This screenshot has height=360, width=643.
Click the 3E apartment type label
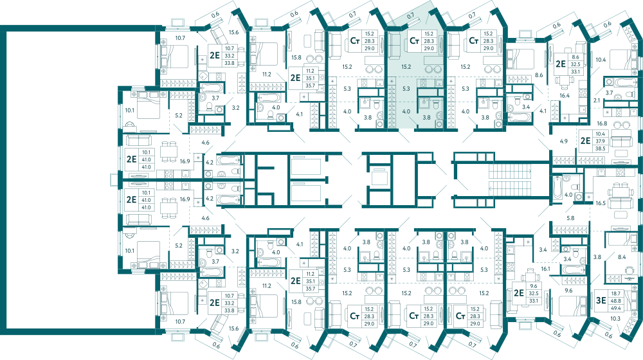click(x=601, y=301)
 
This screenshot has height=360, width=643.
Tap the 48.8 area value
click(x=615, y=301)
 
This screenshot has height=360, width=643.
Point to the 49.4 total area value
click(x=615, y=308)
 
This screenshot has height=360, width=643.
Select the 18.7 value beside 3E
click(x=615, y=294)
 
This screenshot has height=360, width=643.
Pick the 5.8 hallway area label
click(x=570, y=218)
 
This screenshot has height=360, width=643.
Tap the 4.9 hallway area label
click(x=564, y=141)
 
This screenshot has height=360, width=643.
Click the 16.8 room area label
click(x=602, y=123)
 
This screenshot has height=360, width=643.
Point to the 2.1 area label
click(x=597, y=100)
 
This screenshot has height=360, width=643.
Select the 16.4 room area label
click(x=565, y=96)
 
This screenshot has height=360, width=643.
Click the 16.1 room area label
click(x=545, y=269)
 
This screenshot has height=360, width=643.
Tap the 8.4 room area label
click(x=622, y=257)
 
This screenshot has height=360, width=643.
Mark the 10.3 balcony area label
click(x=615, y=319)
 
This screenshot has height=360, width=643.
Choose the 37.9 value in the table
click(x=601, y=141)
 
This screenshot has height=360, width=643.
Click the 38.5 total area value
click(x=601, y=148)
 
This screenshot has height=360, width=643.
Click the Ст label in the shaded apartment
click(x=414, y=41)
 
